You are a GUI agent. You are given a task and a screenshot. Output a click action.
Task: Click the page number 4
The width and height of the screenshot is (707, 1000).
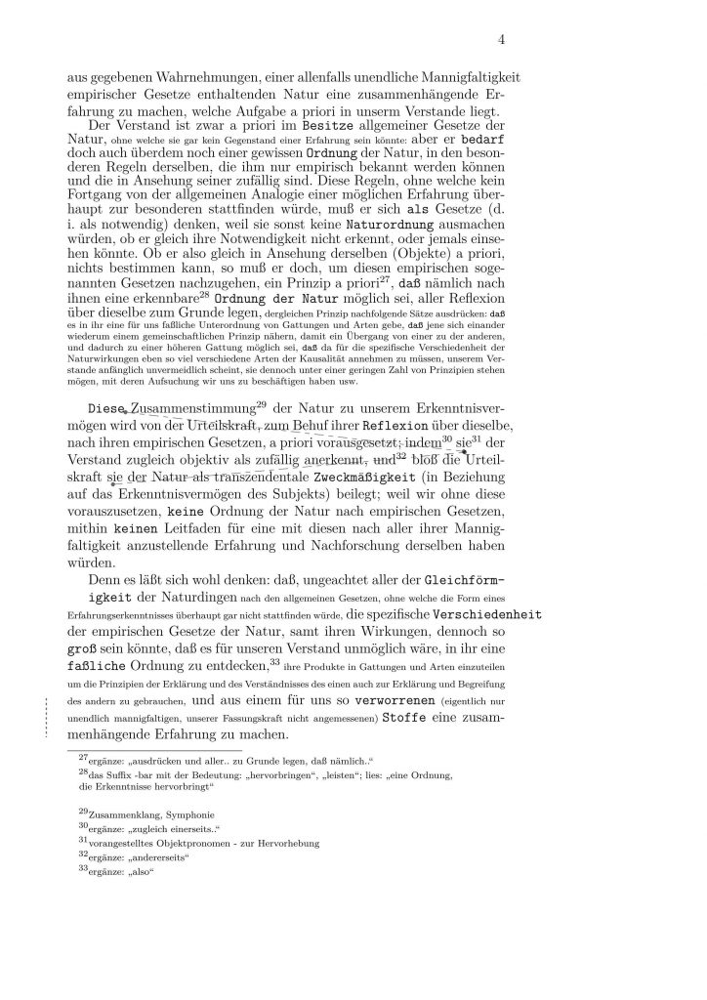502,40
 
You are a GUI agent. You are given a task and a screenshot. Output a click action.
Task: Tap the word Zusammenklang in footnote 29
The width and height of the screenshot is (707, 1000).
121,814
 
